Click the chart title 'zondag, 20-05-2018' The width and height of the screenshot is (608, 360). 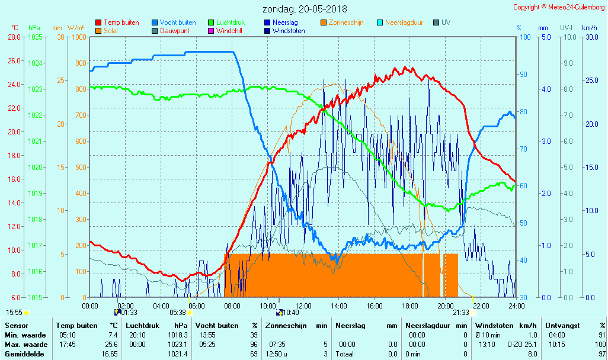(305, 9)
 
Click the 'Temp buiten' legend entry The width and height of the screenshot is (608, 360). (121, 22)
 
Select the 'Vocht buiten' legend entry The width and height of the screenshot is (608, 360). (178, 22)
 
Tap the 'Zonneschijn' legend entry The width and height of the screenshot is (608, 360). (345, 22)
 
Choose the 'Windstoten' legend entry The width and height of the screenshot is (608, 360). (289, 31)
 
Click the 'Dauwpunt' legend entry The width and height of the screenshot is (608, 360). (174, 31)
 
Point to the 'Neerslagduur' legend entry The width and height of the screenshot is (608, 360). (404, 22)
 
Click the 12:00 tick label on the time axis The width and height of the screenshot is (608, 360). (303, 306)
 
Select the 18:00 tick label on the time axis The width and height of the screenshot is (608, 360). (409, 306)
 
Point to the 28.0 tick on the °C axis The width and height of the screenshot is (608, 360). (14, 37)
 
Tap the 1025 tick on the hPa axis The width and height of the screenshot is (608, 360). (35, 37)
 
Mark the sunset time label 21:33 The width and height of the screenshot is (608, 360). (460, 313)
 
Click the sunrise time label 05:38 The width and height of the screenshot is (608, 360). (178, 313)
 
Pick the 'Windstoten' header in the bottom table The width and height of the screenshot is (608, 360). (497, 326)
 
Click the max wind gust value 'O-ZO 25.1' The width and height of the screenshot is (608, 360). (521, 344)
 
